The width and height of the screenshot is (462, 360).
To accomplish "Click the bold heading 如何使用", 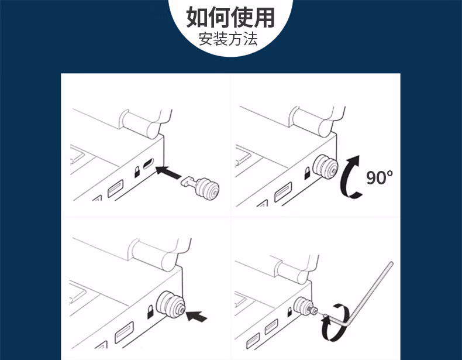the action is (x=230, y=17).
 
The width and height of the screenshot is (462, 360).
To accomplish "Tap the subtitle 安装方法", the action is (x=228, y=39).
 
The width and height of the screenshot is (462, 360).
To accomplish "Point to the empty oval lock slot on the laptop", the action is (x=148, y=164).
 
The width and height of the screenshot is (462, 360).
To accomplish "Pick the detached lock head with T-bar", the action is (x=201, y=186).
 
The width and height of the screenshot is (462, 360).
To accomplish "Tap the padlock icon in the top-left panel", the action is (x=137, y=172).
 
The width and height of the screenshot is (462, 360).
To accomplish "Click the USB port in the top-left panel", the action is (x=115, y=188).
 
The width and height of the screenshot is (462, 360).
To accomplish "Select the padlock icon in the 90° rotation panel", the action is (x=307, y=173).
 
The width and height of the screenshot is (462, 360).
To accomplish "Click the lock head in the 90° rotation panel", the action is (x=325, y=168).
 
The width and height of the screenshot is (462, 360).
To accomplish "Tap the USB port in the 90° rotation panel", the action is (x=283, y=192).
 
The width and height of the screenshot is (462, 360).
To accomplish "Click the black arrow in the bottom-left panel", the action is (x=197, y=316).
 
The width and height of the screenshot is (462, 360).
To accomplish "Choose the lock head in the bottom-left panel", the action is (x=171, y=305).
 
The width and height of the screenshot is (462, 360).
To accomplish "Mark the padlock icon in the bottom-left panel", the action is (x=150, y=312).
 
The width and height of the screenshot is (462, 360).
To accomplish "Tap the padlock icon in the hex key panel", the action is (x=289, y=312).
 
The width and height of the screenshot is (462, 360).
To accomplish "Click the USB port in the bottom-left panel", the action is (x=124, y=332).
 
